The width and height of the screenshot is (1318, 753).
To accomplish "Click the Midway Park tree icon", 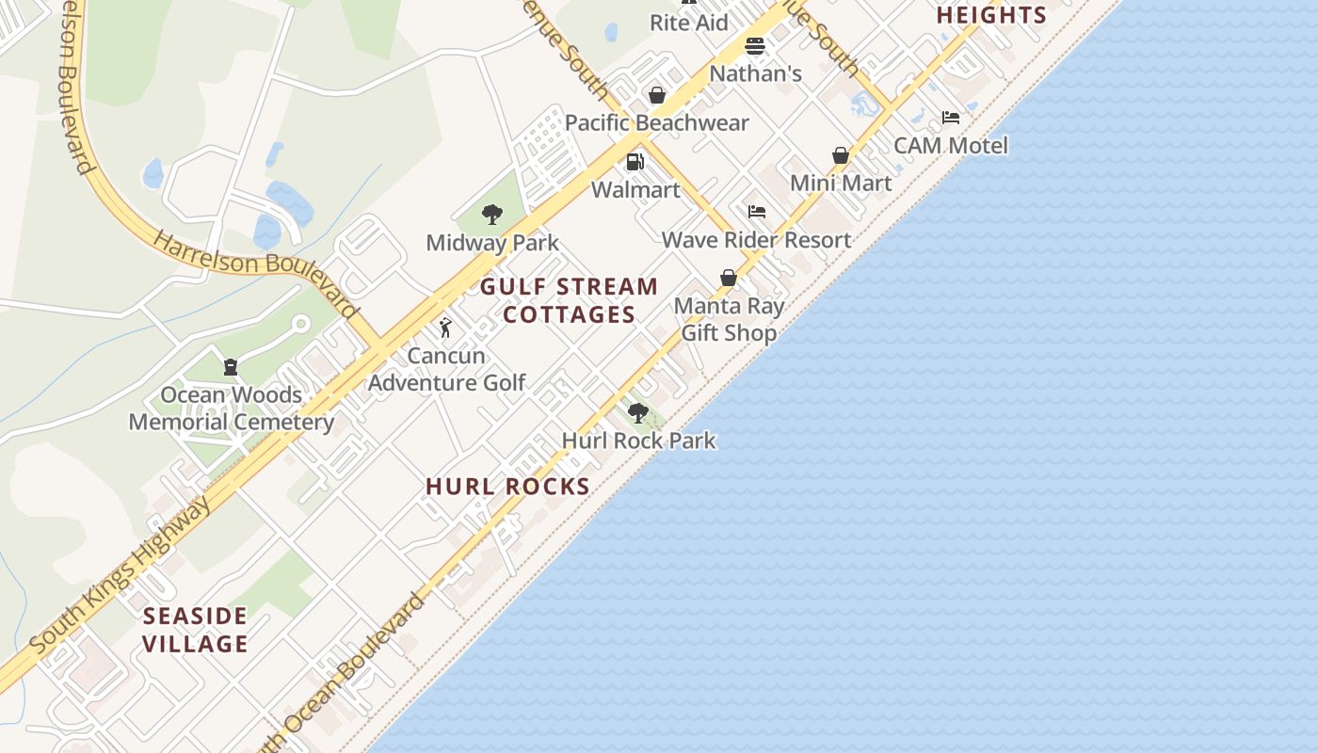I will point(491,215).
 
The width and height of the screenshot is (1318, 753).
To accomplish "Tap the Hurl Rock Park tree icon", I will point(638,412).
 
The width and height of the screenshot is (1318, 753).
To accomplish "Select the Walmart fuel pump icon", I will point(635,162).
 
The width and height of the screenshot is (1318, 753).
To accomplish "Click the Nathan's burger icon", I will point(754,46).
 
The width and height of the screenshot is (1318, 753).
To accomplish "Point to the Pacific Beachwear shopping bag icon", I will point(657,95).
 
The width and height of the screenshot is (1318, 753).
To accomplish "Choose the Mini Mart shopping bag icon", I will point(841,155).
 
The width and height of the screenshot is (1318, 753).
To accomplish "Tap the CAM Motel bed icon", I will point(951,118).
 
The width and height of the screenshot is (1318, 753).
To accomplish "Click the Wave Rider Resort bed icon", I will point(757,212).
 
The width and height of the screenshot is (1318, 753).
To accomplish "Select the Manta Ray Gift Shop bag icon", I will point(729,278).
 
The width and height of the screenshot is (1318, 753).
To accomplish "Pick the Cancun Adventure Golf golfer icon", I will point(446,328).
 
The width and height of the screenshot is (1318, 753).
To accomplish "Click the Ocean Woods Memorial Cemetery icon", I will point(231,367).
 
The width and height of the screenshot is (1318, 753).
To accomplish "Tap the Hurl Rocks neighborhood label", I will point(507,487).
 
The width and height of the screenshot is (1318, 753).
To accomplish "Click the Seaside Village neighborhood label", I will point(196,631).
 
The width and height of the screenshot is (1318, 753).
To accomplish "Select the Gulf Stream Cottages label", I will point(570,300).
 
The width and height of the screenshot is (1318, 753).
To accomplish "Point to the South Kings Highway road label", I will point(121,576).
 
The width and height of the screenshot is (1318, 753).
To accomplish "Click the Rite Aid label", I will point(689,23).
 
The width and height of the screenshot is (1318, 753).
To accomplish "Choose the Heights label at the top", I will point(991,15).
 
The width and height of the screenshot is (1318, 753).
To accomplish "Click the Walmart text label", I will point(635,189).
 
